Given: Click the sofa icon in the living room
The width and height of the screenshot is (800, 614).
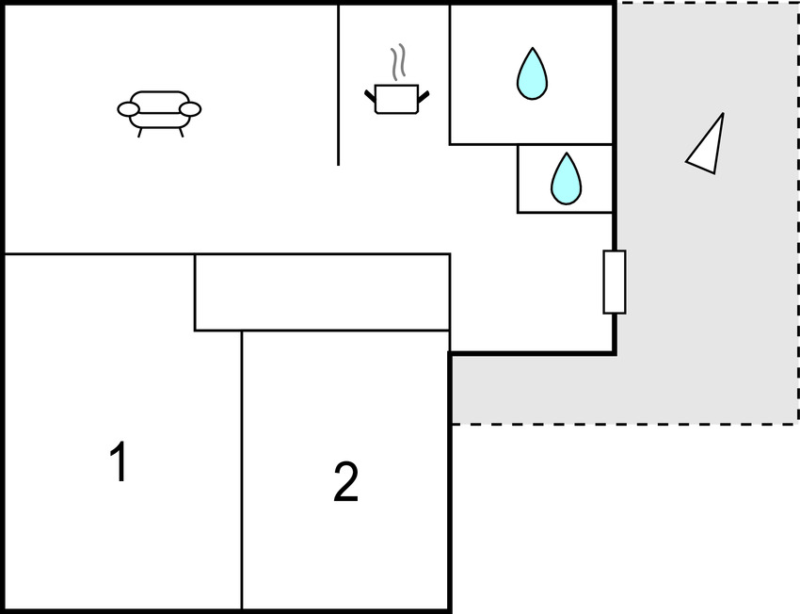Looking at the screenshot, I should click(159, 109).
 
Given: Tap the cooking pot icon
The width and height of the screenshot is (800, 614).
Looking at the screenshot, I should click(396, 98).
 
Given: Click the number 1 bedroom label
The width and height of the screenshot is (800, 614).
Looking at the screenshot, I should click(119, 462).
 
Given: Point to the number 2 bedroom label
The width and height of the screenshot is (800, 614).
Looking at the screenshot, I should click(345, 482).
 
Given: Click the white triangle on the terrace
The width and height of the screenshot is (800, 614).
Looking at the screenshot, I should click(708, 146).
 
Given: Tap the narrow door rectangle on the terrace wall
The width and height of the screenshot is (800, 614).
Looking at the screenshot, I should click(614, 282).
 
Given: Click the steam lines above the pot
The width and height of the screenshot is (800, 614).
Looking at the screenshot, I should click(400, 62).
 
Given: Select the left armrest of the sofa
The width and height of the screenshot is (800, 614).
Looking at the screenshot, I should click(128, 109).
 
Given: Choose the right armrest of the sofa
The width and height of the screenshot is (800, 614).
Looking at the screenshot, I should click(190, 109).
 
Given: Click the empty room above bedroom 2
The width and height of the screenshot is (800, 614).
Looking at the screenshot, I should click(321, 292).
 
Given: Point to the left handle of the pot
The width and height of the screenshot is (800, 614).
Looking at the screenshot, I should click(370, 93).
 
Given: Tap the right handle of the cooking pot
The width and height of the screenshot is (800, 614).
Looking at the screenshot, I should click(424, 93).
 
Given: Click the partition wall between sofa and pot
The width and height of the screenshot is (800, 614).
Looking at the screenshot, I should click(339, 85).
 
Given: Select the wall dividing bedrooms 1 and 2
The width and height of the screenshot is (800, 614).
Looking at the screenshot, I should click(242, 471).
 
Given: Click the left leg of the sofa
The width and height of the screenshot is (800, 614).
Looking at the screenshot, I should click(141, 132).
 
